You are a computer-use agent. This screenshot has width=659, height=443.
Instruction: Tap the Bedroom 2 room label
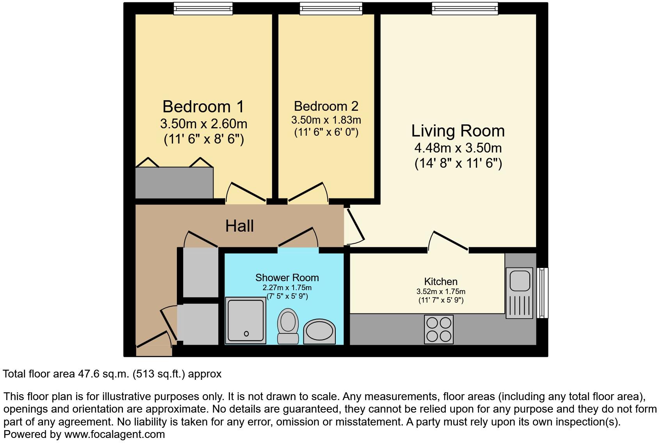click(326, 106)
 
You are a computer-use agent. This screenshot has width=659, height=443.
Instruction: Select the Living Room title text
click(458, 131)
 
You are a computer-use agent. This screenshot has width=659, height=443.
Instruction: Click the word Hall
click(239, 226)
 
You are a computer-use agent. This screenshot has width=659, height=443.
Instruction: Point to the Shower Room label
click(287, 278)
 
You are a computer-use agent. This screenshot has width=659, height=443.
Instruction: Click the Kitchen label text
click(441, 282)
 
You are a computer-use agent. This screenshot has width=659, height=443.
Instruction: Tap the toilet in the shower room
click(288, 326)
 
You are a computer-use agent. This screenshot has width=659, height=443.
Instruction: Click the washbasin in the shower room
click(319, 332)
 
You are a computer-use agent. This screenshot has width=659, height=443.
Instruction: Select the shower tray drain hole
click(246, 333)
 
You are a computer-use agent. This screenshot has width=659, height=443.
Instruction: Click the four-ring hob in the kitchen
click(439, 330)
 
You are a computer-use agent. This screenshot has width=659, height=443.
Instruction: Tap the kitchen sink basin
click(519, 280)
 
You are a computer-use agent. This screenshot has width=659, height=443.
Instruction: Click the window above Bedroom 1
click(203, 9)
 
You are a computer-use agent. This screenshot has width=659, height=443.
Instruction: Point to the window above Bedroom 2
click(330, 9)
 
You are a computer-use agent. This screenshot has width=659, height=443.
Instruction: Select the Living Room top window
click(465, 9)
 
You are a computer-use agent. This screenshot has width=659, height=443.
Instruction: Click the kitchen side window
click(543, 292)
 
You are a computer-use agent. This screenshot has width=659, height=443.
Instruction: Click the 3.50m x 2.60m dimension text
click(203, 124)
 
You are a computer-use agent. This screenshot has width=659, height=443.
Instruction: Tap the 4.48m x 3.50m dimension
click(458, 148)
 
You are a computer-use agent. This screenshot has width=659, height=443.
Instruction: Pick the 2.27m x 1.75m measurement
click(287, 288)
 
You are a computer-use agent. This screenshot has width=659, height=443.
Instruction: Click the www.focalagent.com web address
click(114, 434)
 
